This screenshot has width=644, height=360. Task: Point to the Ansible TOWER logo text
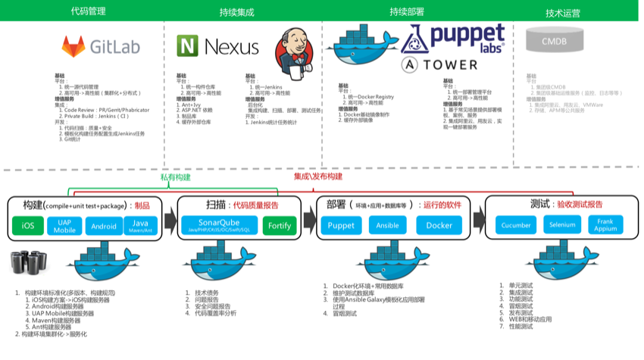click(x=440, y=64)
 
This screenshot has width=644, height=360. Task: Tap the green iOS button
click(x=27, y=226)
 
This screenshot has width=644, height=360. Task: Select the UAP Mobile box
click(x=64, y=226)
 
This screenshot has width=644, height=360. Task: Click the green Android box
click(x=103, y=226)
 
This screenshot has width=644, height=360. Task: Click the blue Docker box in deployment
click(x=439, y=226)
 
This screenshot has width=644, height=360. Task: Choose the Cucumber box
click(x=515, y=226)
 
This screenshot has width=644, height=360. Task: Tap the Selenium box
click(x=562, y=226)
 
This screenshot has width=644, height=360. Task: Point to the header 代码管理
click(x=87, y=12)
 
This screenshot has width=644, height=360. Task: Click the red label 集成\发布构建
click(x=318, y=177)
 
